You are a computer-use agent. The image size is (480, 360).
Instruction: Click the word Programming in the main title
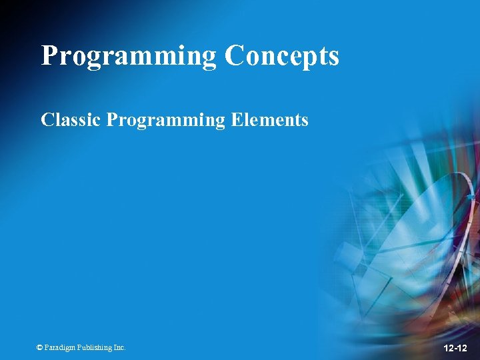click(x=129, y=56)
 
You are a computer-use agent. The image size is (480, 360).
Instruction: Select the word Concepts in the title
click(x=282, y=56)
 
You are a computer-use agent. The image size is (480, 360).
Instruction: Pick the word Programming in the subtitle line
click(x=166, y=121)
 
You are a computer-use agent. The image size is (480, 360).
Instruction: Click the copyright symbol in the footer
click(x=40, y=347)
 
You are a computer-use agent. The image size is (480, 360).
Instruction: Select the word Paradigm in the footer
click(x=59, y=347)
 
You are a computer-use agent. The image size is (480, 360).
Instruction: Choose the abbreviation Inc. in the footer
click(x=119, y=347)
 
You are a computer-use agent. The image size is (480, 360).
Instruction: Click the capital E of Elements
click(x=236, y=120)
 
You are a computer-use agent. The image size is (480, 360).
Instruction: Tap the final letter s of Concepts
click(x=334, y=59)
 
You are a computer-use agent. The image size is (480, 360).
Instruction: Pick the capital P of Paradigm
click(x=47, y=347)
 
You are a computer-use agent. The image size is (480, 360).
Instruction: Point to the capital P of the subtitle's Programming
click(x=112, y=120)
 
